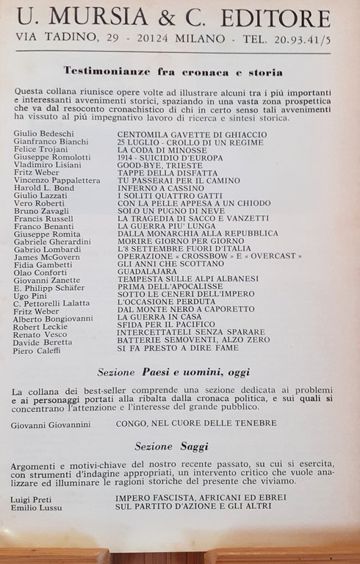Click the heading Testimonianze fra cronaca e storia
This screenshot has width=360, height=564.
173,72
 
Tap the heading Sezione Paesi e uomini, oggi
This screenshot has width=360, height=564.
173,372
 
